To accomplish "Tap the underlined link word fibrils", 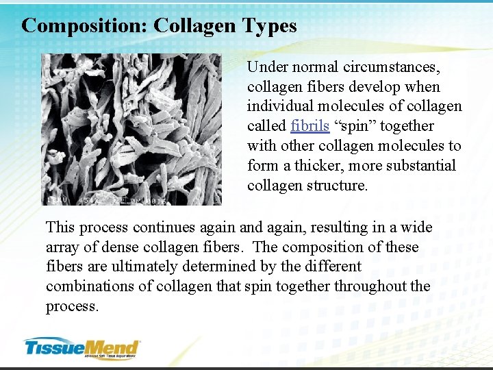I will coord(309,126).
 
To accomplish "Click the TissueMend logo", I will coord(81,348).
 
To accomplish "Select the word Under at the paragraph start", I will coord(264,67).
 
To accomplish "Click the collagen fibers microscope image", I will coord(131,129).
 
